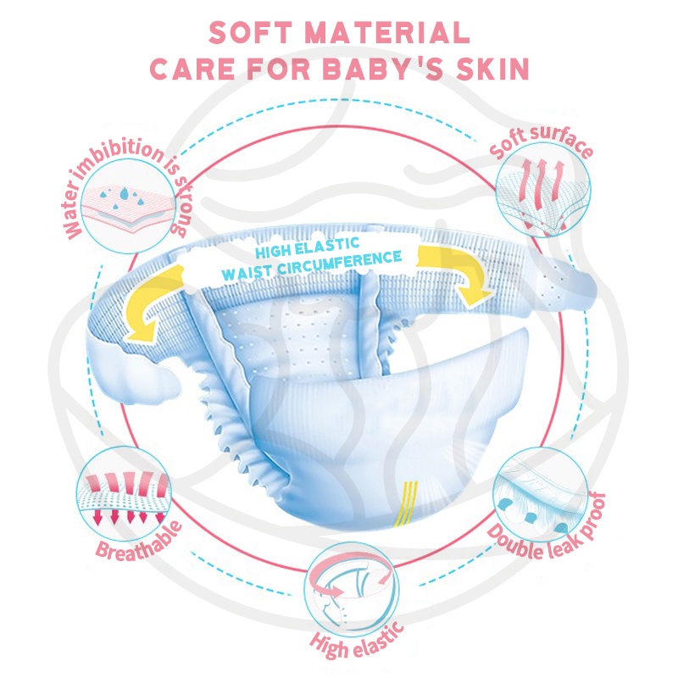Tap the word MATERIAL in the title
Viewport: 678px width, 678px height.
pyautogui.click(x=396, y=32)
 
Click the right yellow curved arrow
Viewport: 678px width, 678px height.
pyautogui.click(x=463, y=271)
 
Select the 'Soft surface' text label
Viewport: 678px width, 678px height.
pyautogui.click(x=542, y=147)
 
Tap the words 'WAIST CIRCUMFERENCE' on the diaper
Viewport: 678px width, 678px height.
pyautogui.click(x=311, y=265)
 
